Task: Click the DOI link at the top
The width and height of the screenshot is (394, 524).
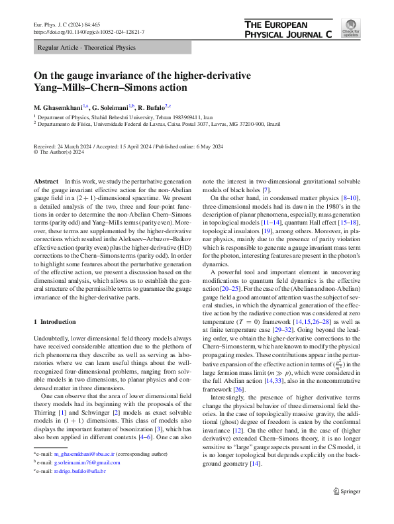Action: coord(89,32)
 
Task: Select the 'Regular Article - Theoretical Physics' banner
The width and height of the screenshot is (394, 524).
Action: coord(87,48)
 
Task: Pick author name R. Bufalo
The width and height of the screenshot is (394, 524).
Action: coord(152,107)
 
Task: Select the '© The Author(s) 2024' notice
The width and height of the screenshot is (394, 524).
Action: coord(59,152)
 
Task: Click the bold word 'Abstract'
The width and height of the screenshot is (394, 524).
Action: coord(45,181)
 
